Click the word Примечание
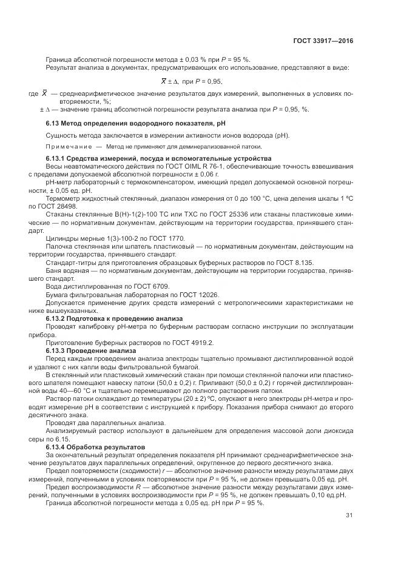coord(67,147)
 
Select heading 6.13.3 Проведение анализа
coord(87,350)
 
